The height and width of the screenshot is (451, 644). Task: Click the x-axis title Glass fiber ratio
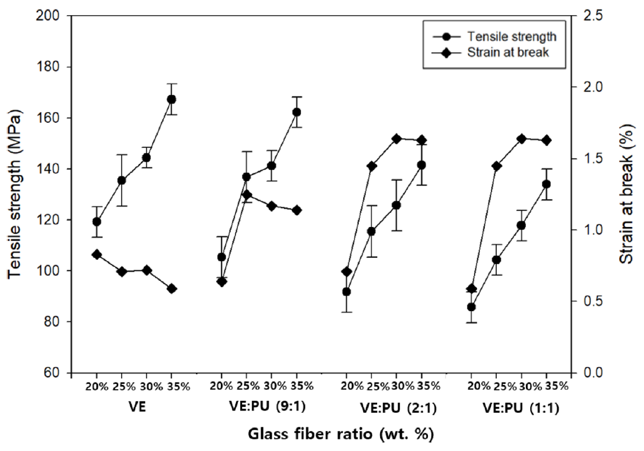[x=340, y=434]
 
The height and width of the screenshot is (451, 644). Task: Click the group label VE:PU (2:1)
[x=384, y=409]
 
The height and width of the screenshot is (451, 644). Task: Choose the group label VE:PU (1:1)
[x=521, y=409]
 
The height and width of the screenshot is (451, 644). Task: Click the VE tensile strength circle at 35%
[x=172, y=99]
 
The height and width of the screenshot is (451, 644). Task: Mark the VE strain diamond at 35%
[x=172, y=289]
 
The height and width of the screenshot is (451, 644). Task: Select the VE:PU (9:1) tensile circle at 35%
[x=297, y=112]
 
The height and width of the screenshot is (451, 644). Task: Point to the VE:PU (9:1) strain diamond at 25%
[x=247, y=195]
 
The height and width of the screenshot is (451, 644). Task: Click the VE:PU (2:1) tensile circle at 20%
[x=347, y=292]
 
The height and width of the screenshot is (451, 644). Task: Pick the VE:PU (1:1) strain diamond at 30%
[x=521, y=139]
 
